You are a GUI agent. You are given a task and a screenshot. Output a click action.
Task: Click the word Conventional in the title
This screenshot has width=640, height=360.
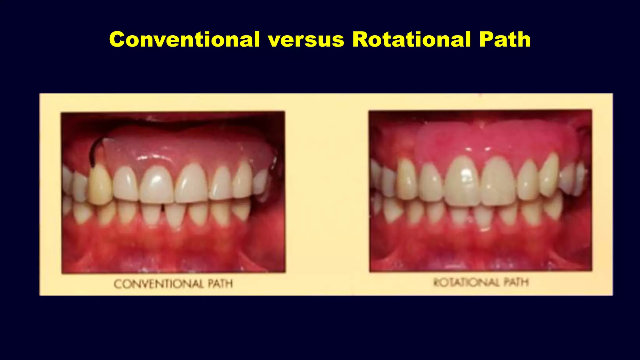[x=184, y=40]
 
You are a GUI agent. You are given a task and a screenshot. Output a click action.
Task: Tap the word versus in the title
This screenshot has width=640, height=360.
[x=306, y=40]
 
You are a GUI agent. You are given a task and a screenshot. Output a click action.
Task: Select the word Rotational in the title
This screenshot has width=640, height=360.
[x=411, y=40]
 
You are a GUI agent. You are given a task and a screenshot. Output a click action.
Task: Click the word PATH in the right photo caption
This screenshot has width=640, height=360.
[x=516, y=282]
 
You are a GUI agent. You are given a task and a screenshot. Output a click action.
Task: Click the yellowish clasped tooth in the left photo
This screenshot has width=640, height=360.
[x=100, y=186]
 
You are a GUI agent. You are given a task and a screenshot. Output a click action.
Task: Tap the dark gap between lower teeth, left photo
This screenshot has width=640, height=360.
[x=163, y=207]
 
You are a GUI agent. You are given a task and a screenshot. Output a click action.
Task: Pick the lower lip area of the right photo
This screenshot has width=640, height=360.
[x=481, y=259]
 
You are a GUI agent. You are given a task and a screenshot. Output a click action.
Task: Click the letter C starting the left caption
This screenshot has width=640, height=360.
[x=117, y=284]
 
